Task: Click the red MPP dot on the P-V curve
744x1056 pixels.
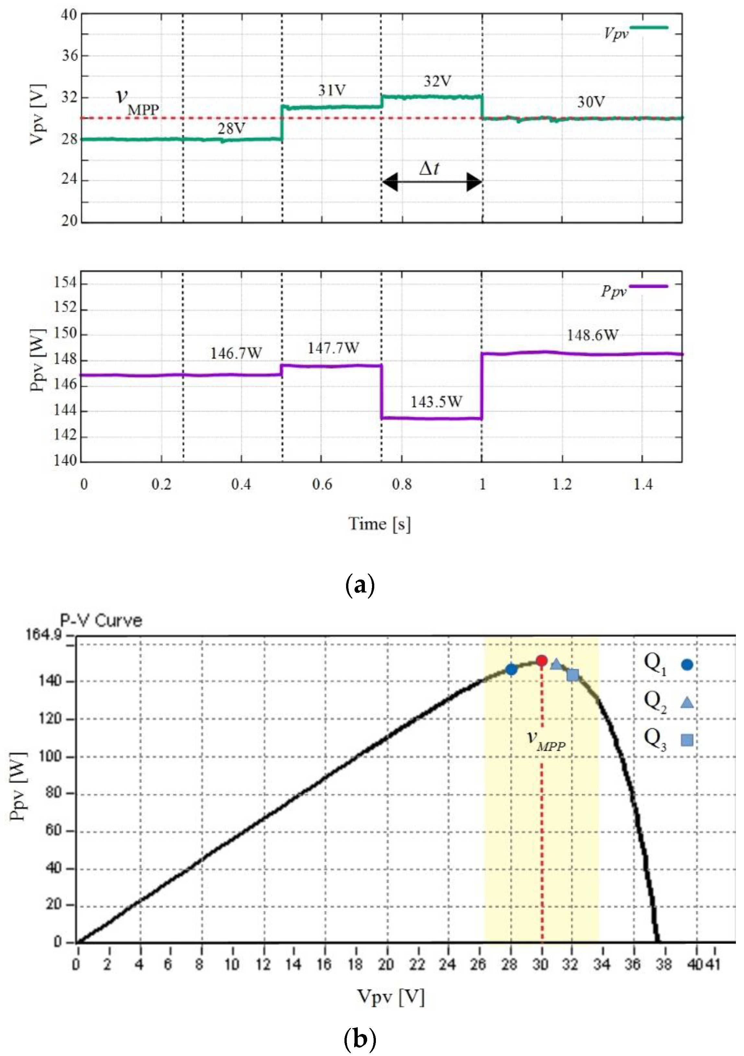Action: pos(541,661)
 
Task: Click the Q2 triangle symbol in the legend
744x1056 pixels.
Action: pos(687,702)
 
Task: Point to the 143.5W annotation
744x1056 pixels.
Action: pos(436,402)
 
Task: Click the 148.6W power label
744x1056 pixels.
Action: pos(592,335)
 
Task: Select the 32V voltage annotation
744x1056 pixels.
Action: pos(437,81)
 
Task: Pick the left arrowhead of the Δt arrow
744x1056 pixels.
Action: pos(390,182)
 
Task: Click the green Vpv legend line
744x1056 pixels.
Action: pos(649,28)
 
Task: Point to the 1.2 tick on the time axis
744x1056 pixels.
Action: pos(562,484)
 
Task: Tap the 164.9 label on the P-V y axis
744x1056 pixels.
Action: pos(43,635)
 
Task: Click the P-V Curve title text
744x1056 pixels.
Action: pos(101,621)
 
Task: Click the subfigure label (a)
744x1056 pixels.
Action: pos(359,585)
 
